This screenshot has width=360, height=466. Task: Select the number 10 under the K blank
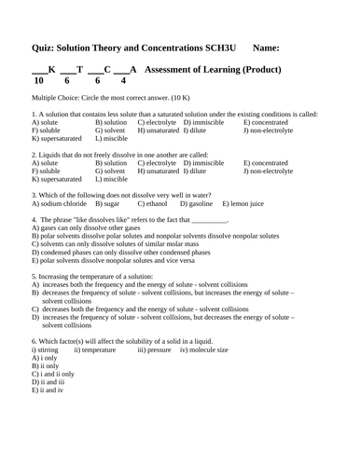[38, 81]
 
